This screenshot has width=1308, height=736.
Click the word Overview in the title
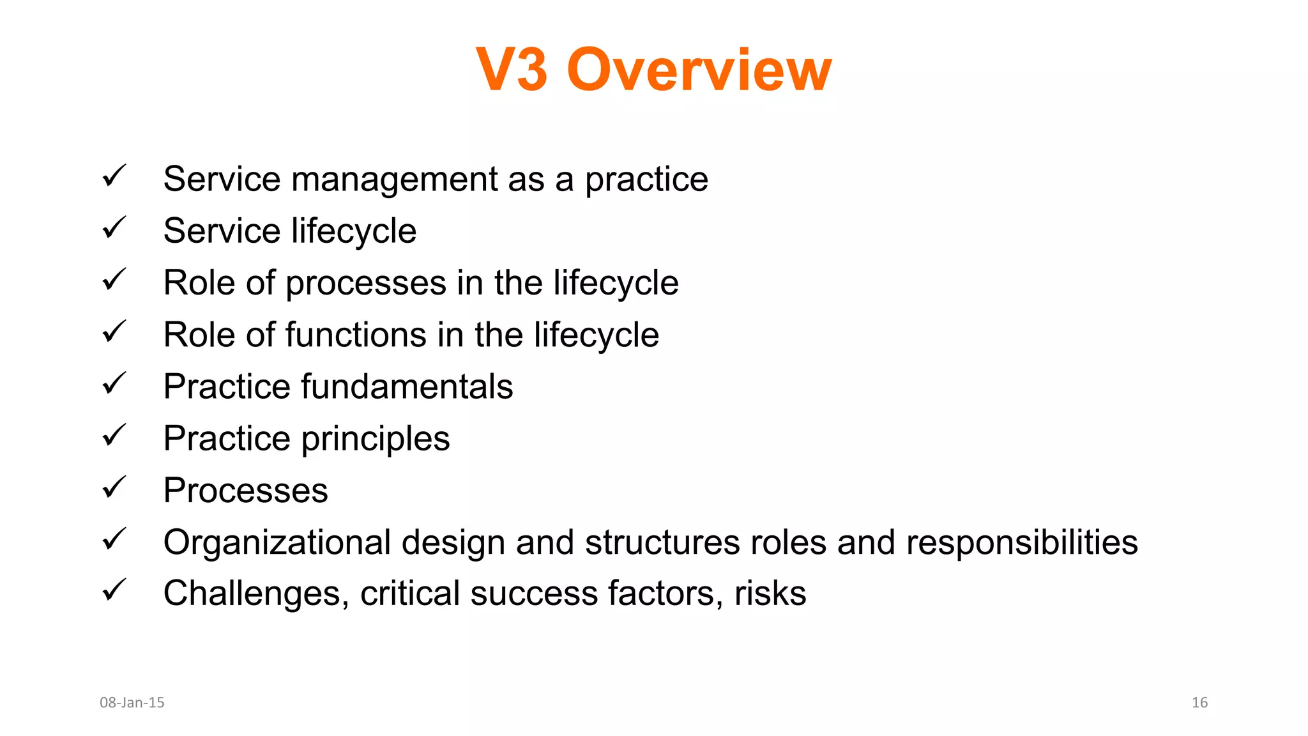point(699,70)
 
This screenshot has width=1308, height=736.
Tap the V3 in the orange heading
point(512,70)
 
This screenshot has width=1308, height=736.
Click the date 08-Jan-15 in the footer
point(132,702)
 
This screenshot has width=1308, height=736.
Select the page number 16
point(1199,702)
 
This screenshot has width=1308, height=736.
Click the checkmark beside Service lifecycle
point(114,228)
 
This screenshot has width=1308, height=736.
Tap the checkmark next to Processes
point(114,487)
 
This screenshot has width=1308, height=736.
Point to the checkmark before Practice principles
point(114,436)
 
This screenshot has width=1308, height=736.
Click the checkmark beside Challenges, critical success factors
point(114,590)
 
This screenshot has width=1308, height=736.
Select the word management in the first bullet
point(394,180)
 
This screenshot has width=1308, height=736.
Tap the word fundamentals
point(407,387)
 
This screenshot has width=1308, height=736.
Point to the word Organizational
point(277,542)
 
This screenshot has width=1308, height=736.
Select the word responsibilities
point(1022,542)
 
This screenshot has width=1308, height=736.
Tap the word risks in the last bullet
point(770,594)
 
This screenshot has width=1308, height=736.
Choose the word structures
point(662,542)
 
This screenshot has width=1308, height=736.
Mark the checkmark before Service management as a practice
point(114,176)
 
